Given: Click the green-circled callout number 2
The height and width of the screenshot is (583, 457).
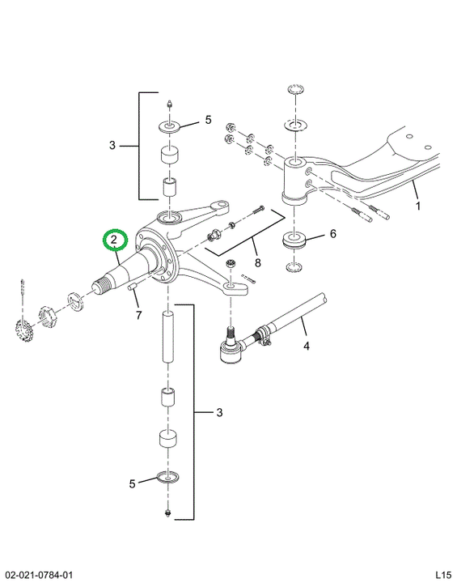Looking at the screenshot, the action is (x=115, y=240).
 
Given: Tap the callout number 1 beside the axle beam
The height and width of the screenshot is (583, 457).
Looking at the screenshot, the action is (x=418, y=206).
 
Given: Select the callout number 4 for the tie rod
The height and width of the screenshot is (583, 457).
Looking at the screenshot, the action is (x=307, y=347).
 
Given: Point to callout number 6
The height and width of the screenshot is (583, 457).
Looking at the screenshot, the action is (x=332, y=234).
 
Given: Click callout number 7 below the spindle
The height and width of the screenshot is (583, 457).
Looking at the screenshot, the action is (x=138, y=315).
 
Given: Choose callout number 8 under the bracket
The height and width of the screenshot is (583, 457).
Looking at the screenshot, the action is (x=257, y=263).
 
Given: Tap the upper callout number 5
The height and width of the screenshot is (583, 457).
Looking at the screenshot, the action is (x=208, y=120).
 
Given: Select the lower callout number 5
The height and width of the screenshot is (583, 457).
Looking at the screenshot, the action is (x=133, y=483).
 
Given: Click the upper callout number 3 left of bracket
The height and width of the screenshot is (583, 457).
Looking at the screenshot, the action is (x=112, y=145).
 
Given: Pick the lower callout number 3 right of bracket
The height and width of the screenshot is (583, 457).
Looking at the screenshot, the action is (x=219, y=412).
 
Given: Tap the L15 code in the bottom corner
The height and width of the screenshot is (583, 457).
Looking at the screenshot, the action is (x=443, y=574).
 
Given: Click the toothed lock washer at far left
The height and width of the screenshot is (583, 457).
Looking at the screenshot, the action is (x=23, y=326).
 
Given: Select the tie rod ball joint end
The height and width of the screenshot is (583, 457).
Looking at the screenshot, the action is (x=231, y=347).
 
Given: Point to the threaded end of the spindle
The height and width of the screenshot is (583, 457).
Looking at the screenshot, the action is (x=102, y=286).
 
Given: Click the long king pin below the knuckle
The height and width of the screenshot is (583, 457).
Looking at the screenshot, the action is (x=169, y=337).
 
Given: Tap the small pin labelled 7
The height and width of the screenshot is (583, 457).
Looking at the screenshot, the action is (x=133, y=287).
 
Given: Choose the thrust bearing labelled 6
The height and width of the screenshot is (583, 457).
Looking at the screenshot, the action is (x=294, y=240).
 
